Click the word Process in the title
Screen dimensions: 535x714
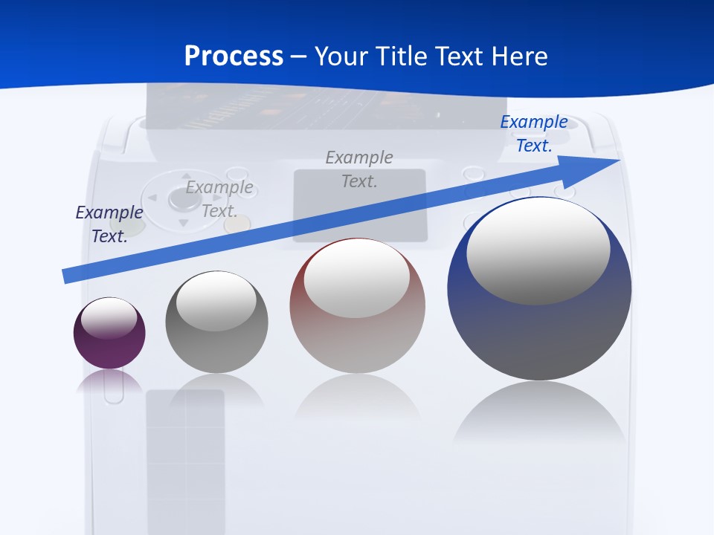pyautogui.click(x=234, y=56)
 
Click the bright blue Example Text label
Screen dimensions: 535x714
pyautogui.click(x=534, y=134)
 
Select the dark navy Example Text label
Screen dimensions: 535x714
pyautogui.click(x=109, y=224)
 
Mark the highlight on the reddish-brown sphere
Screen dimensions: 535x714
pyautogui.click(x=356, y=278)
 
